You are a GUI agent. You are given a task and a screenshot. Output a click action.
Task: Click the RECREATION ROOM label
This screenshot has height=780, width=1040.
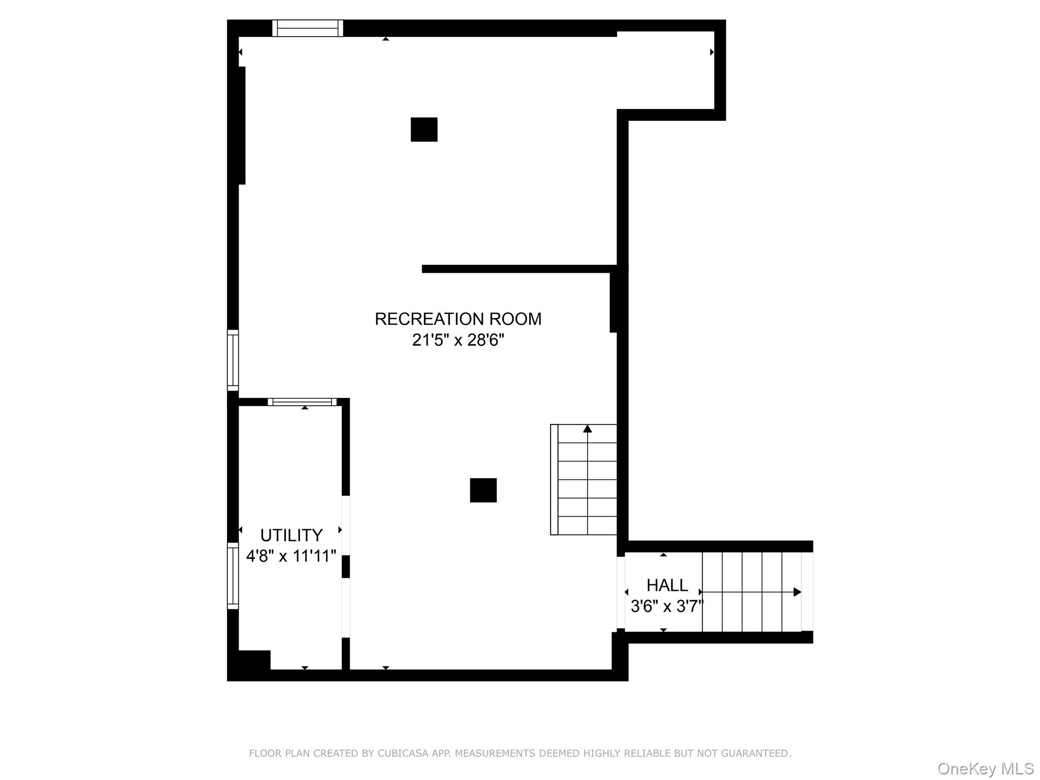tap(458, 319)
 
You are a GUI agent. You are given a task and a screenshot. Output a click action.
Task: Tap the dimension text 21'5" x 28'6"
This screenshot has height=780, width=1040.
tap(458, 340)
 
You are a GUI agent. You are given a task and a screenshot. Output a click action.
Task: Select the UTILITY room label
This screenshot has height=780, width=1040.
tap(291, 535)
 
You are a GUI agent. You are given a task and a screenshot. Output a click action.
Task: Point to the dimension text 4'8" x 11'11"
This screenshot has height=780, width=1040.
tap(291, 556)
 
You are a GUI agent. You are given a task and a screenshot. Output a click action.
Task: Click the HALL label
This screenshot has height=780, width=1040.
tap(667, 586)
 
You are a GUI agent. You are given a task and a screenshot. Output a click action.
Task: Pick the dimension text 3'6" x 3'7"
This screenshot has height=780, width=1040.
tap(667, 606)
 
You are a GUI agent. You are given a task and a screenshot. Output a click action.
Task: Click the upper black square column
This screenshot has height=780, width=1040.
tap(424, 129)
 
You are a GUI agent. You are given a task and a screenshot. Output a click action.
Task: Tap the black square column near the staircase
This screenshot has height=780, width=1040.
tap(483, 490)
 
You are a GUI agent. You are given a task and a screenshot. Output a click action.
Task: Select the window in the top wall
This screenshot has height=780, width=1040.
tap(308, 28)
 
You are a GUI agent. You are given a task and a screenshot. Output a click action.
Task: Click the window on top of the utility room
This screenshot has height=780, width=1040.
tap(302, 402)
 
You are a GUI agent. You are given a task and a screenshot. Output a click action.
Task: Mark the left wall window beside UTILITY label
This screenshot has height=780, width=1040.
tap(233, 575)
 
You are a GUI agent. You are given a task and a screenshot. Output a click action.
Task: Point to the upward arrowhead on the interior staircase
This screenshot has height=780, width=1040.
tap(588, 429)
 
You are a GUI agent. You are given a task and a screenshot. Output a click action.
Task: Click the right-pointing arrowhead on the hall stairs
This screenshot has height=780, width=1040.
tap(797, 592)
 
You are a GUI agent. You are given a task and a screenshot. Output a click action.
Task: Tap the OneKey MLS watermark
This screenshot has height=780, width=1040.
tap(985, 768)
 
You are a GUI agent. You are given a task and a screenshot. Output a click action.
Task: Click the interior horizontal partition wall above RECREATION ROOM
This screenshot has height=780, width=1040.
tap(518, 269)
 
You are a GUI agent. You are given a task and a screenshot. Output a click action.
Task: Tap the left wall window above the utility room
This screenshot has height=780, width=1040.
tap(233, 360)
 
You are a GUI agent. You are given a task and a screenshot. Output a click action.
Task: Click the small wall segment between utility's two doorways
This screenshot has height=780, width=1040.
tap(346, 567)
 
